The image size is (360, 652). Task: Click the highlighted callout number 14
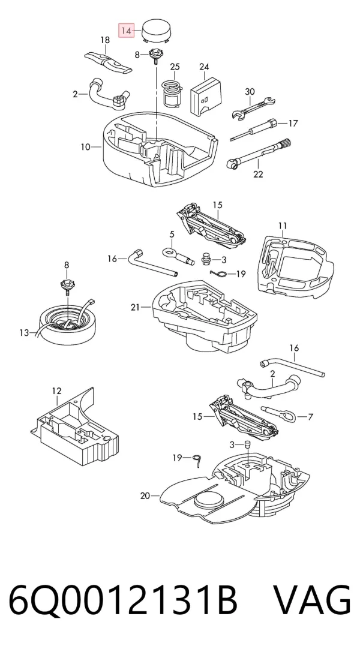[127, 31]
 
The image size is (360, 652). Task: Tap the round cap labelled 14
[157, 31]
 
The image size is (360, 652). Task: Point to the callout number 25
[175, 67]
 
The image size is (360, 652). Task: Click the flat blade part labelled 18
[109, 62]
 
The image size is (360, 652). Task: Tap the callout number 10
[86, 147]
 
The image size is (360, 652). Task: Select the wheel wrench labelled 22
[258, 153]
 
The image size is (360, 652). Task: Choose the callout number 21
[135, 307]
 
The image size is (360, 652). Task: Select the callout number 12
[56, 391]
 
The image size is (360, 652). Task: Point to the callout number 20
[145, 495]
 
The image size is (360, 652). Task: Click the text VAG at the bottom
[312, 601]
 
